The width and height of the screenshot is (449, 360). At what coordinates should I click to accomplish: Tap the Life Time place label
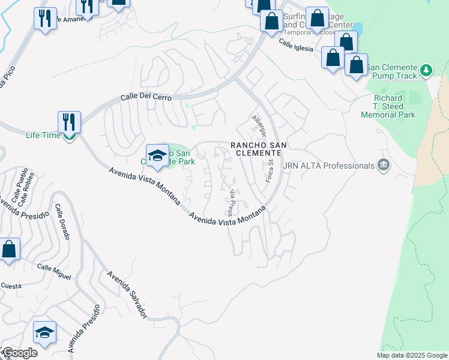43,135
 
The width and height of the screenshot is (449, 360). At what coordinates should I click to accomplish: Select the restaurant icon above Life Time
69,122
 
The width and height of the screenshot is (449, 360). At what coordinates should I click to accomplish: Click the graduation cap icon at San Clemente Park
157,155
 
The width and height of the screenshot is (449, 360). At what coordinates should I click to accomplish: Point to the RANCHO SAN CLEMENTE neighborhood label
257,149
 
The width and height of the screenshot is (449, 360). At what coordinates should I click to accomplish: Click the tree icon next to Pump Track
426,70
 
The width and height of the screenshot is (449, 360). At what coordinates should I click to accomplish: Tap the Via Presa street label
231,202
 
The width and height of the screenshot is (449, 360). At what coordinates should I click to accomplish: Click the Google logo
20,353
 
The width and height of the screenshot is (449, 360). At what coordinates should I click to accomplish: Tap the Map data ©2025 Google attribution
411,355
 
